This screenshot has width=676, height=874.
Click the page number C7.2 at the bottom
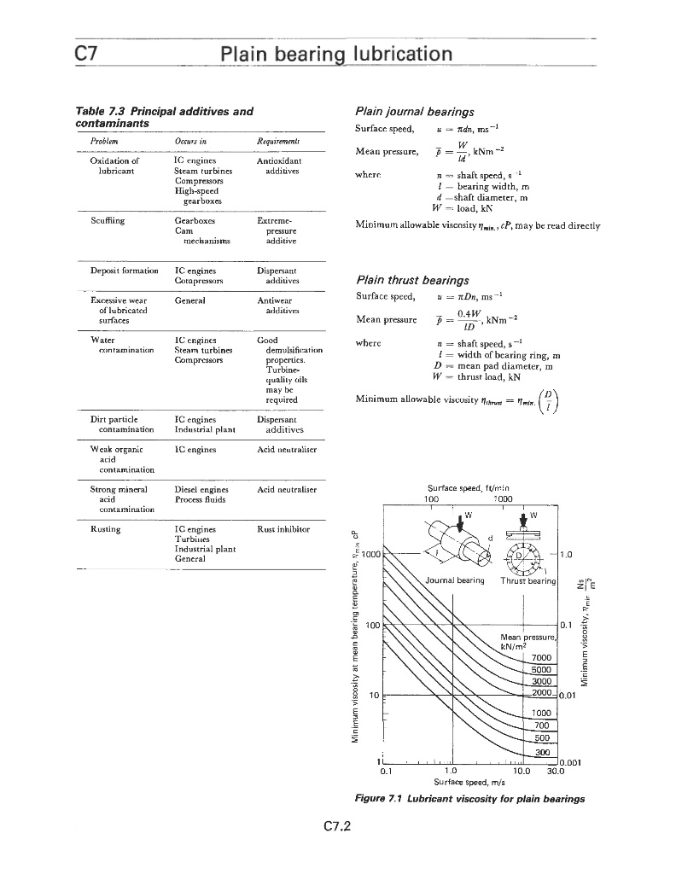[x=338, y=827]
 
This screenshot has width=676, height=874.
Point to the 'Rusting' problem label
[x=105, y=529]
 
